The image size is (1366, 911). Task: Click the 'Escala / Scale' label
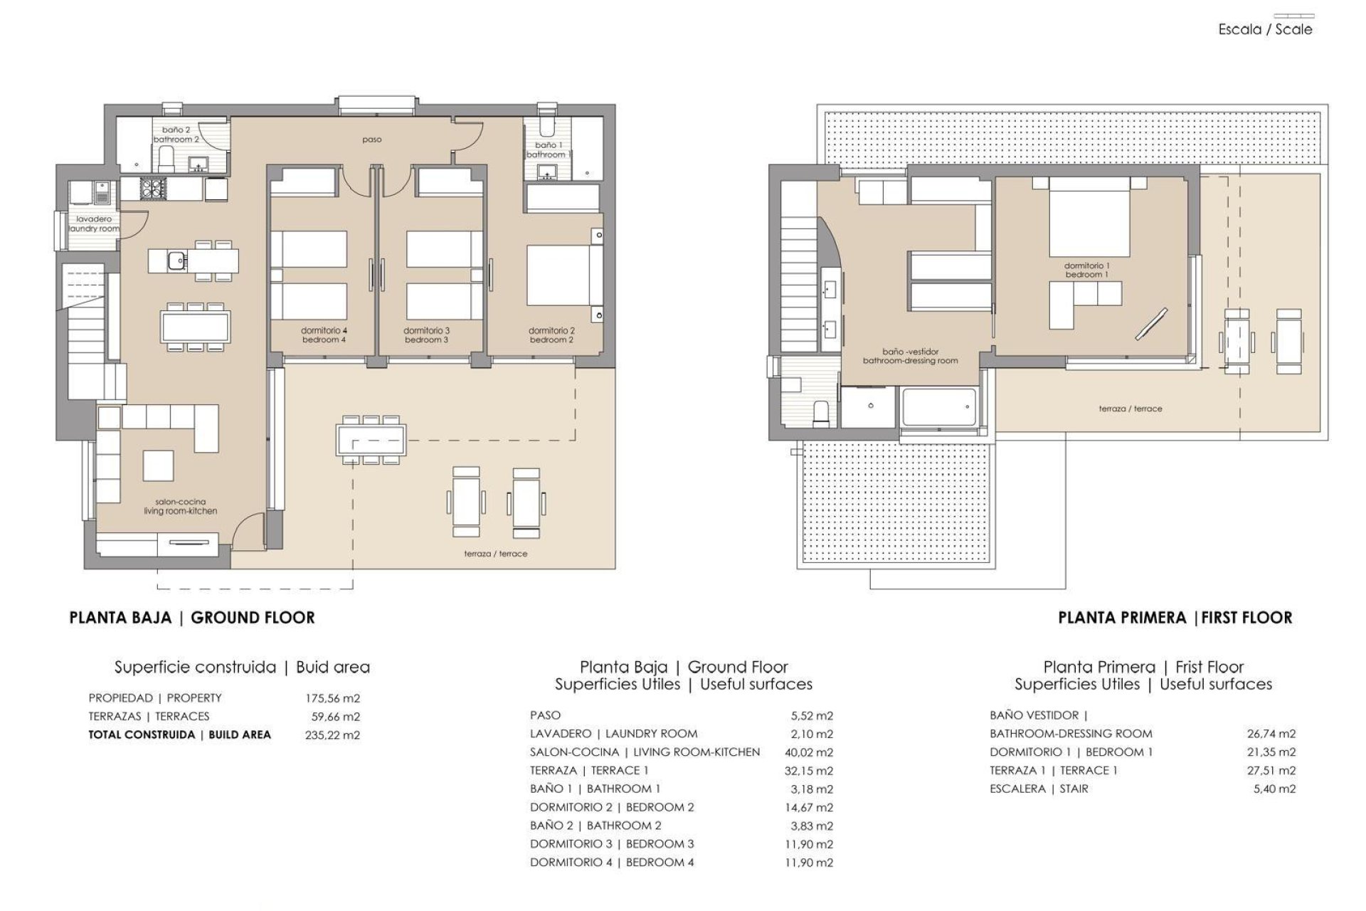point(1265,29)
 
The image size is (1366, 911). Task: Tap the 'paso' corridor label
point(371,139)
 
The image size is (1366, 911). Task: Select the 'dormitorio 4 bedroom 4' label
point(324,335)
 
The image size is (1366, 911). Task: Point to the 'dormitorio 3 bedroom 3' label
point(426,335)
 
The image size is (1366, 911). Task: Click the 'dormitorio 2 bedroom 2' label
point(551,335)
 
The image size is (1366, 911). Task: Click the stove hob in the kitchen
point(153,189)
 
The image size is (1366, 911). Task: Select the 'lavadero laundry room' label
point(93,224)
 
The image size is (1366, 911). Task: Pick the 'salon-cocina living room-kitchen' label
point(180,506)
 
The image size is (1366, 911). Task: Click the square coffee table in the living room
point(158,465)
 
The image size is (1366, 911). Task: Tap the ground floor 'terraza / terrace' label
point(495,553)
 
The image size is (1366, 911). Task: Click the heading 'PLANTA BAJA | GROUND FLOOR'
point(192,618)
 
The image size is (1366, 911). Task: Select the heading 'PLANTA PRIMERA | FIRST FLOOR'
point(1175,618)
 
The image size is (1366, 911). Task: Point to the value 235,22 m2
point(332,735)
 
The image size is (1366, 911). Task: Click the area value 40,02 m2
point(811,752)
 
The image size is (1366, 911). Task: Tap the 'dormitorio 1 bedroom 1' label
point(1086,270)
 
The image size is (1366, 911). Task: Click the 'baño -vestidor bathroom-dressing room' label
point(910,356)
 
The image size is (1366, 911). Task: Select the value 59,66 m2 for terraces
point(335,717)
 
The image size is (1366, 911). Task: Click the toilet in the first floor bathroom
point(822,414)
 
